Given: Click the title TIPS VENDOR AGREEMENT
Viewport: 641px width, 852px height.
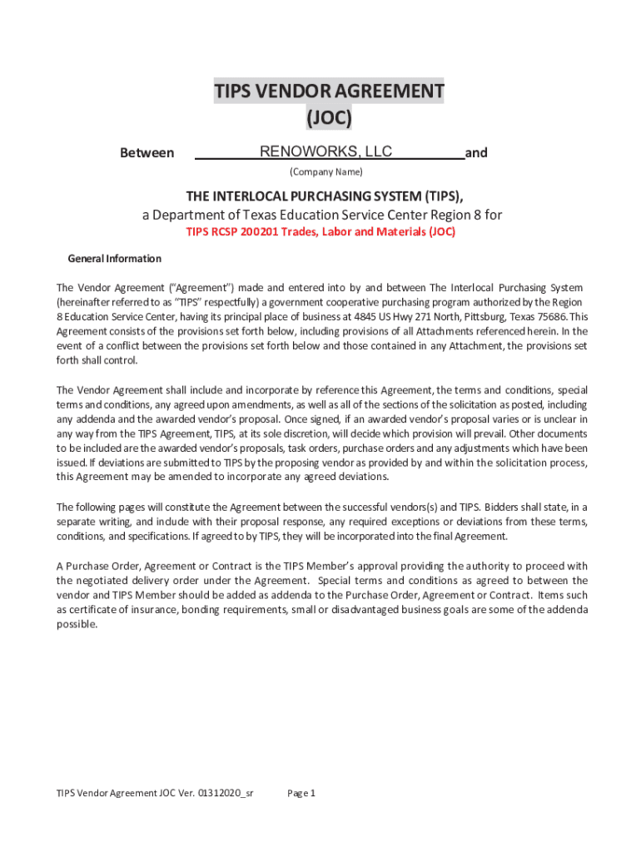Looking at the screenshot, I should [x=329, y=91].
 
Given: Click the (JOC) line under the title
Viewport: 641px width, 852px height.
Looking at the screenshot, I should [x=329, y=119].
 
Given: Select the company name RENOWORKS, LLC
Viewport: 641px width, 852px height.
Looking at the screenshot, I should [x=326, y=151].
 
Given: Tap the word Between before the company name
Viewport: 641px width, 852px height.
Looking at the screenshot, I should [x=147, y=153].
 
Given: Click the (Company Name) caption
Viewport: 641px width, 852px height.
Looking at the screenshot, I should [x=325, y=172].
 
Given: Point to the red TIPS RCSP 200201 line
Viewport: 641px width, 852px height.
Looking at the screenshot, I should [x=320, y=232].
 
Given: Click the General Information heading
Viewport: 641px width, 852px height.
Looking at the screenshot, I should [x=114, y=259].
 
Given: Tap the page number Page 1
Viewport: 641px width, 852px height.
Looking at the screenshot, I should [x=301, y=793].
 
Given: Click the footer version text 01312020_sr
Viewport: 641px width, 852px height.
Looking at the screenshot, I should [x=226, y=793].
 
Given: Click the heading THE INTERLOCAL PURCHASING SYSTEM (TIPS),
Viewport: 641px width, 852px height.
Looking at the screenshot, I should [x=325, y=196].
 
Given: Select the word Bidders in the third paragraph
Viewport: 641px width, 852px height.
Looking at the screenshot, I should [x=504, y=506].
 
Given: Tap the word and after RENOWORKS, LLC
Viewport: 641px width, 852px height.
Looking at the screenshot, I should [x=476, y=153].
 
